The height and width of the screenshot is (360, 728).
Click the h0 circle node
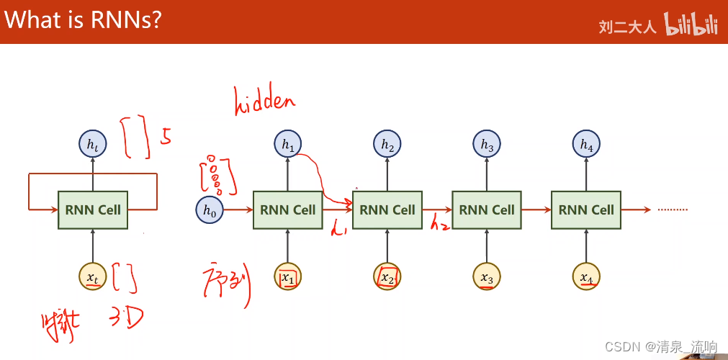pos(209,210)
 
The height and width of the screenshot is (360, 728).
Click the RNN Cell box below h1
pos(288,210)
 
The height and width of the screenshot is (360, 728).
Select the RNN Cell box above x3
pos(487,210)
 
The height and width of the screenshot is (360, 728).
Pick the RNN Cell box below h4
pos(586,210)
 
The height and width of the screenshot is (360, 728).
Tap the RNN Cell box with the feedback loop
pos(93,210)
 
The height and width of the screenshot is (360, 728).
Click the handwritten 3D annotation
pos(128,318)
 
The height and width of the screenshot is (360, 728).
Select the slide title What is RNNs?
pos(83,20)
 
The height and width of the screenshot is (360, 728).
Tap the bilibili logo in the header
pos(691,25)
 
